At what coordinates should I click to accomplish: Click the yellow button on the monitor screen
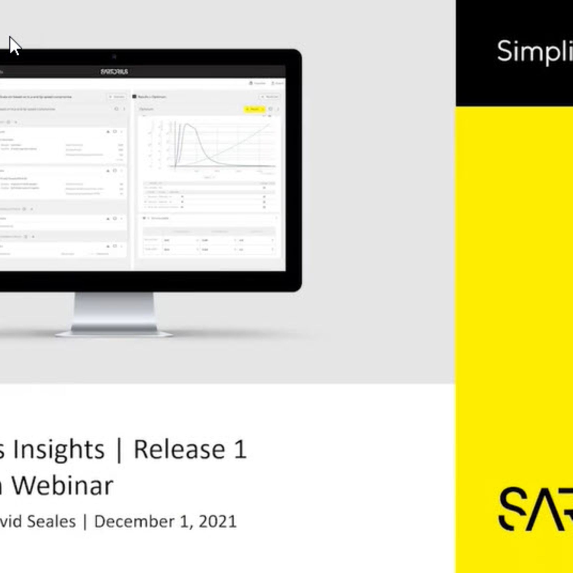click(254, 109)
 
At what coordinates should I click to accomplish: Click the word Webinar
click(63, 486)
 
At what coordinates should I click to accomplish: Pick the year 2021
click(218, 522)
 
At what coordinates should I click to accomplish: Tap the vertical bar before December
click(85, 522)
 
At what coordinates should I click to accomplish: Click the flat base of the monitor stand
click(114, 334)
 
